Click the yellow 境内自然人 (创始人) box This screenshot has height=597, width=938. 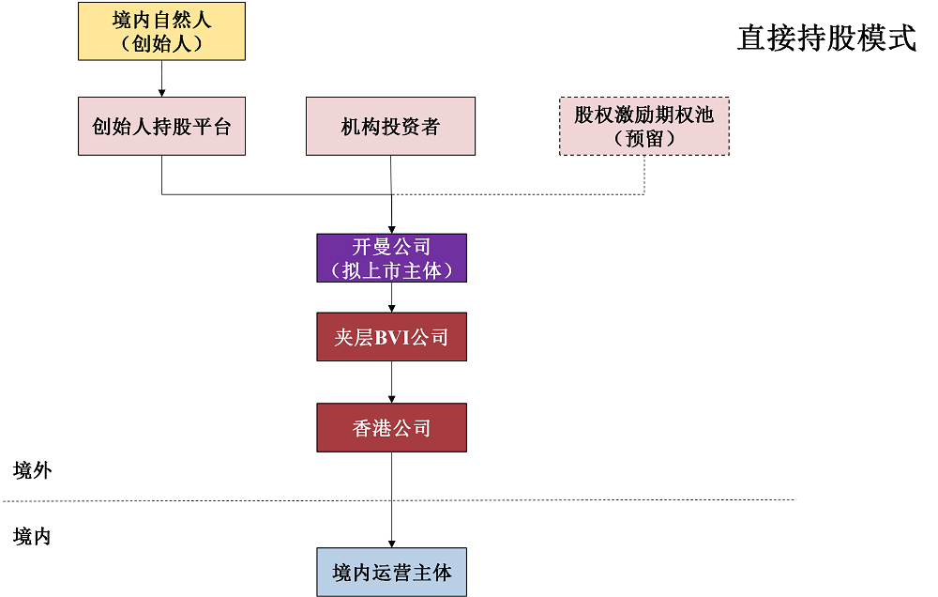click(161, 32)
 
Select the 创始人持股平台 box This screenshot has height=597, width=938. click(161, 126)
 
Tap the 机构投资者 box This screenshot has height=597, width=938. click(390, 126)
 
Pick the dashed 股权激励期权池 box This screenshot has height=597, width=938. click(644, 126)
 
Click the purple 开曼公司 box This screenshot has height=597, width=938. click(391, 258)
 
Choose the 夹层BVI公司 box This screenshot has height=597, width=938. click(391, 337)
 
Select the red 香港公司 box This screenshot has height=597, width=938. click(391, 428)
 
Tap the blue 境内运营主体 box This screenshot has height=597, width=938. click(391, 572)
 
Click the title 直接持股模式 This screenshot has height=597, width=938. click(826, 38)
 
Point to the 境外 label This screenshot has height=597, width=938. click(33, 470)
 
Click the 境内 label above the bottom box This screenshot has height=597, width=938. click(33, 536)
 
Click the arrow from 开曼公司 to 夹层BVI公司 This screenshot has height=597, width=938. click(391, 298)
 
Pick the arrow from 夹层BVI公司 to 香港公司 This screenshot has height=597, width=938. click(391, 382)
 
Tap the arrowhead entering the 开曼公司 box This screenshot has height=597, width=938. click(391, 228)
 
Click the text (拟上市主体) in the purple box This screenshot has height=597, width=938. click(391, 270)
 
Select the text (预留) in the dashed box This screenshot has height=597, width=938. click(644, 139)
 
